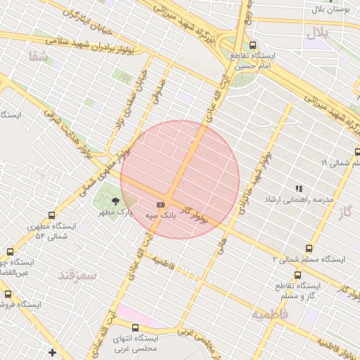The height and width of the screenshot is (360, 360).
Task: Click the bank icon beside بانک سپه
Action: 160,204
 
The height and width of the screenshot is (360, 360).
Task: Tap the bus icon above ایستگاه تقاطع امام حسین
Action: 252,45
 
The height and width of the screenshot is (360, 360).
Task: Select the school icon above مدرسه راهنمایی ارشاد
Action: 299,188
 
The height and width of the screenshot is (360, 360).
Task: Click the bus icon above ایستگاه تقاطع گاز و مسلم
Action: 297,275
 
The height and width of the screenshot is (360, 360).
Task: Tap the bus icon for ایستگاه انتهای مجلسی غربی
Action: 136,328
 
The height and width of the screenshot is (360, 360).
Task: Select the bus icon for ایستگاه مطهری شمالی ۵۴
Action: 51,216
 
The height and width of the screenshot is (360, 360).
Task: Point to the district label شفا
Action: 39,57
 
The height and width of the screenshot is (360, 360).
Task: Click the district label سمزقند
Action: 77,274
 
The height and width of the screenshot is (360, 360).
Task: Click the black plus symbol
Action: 52,352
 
